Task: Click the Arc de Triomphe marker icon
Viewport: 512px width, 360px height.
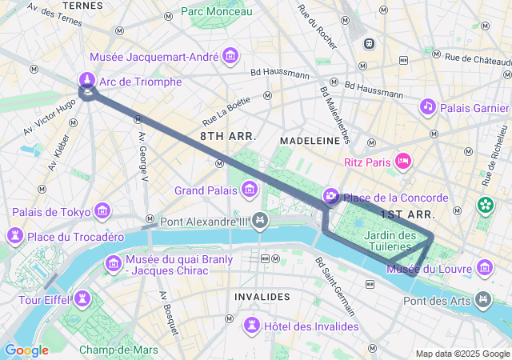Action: pos(86,80)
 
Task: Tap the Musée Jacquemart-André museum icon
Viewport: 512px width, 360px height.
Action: pos(231,56)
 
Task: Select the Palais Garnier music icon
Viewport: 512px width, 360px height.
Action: pos(428,106)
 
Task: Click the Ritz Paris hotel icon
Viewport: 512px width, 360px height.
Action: pos(404,162)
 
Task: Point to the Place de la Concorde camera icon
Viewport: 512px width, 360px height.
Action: pos(330,197)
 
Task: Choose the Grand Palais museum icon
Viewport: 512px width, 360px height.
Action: pos(250,190)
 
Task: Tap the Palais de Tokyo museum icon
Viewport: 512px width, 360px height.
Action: pos(102,211)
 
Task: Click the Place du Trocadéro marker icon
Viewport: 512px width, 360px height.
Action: pos(14,236)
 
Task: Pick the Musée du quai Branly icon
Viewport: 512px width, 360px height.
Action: pos(113,263)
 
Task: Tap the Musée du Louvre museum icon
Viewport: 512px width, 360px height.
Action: pos(484,267)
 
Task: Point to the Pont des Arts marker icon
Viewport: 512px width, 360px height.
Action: pos(483,300)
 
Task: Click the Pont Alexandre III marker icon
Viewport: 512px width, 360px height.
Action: pos(259,220)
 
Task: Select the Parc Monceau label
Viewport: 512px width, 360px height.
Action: pos(216,11)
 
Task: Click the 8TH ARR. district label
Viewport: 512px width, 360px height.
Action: pos(228,137)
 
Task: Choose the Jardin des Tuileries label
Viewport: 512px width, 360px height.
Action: pos(390,241)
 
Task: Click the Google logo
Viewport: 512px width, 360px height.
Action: pos(26,350)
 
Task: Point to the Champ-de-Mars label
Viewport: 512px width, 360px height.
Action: pos(118,350)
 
